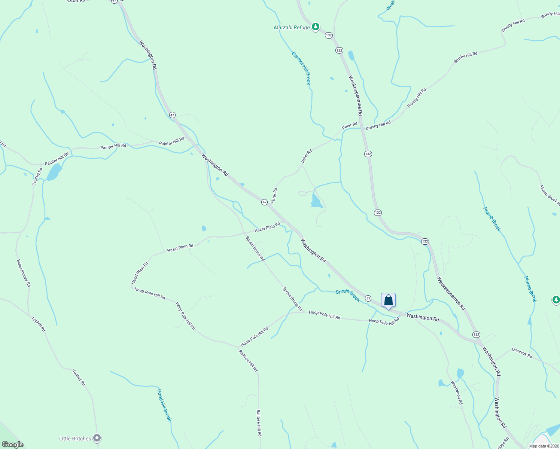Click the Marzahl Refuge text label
coord(292,27)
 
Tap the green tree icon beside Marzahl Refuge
coord(316,27)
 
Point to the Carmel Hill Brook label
coord(301,68)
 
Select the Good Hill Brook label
coord(164,405)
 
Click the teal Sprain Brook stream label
coord(348,296)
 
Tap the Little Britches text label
coord(75,439)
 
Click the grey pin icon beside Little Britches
coord(97,438)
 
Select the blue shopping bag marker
coord(388,300)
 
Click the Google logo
coord(12,445)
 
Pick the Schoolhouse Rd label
coord(24,273)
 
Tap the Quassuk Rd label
coord(522,353)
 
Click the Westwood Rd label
coord(457,393)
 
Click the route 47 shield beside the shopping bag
coord(368,299)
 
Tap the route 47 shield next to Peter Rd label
coord(264,202)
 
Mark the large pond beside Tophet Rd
coord(54,172)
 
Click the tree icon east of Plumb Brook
coord(556,300)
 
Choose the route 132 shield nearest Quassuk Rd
coord(476,335)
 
